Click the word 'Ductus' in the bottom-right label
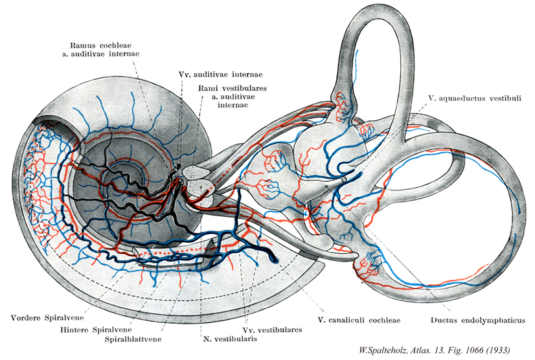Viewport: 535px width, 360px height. tap(448, 320)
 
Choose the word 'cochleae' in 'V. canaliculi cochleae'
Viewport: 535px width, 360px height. tap(380, 320)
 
